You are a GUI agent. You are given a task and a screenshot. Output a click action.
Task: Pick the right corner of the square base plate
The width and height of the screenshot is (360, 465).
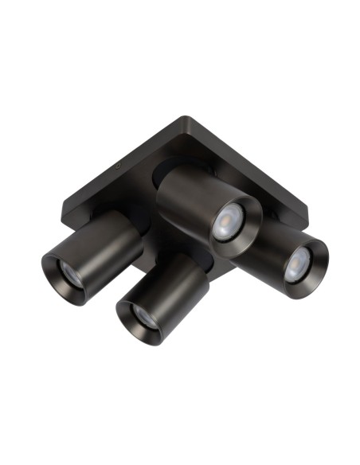pos(307,209)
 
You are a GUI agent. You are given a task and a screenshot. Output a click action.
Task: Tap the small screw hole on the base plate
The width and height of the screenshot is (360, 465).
pos(117,168)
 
